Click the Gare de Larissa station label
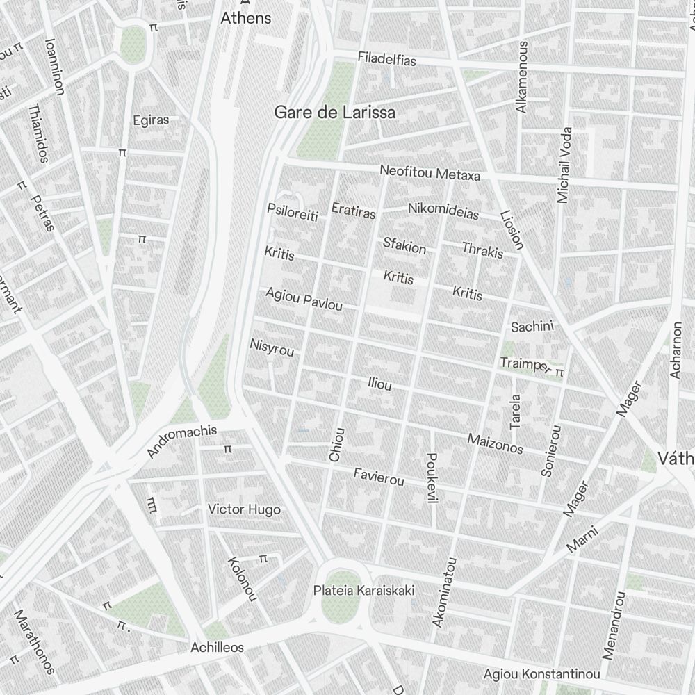point(335,112)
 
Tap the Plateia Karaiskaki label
point(363,591)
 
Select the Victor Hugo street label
point(244,509)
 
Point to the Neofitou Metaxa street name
point(430,173)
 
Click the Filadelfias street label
point(386,60)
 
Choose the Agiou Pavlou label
point(304,300)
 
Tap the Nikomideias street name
point(443,211)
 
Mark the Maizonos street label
point(495,443)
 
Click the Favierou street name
point(378,477)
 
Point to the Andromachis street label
point(182,442)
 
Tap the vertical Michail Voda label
point(564,165)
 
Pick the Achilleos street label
point(217,647)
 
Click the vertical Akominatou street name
point(444,592)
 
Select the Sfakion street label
point(404,245)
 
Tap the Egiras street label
point(151,120)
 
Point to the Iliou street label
point(379,384)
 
